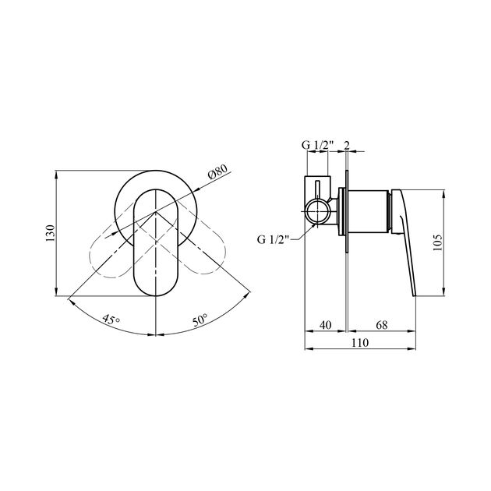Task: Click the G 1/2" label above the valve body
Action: pyautogui.click(x=317, y=145)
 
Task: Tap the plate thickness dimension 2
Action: pyautogui.click(x=345, y=145)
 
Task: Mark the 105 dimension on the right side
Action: pyautogui.click(x=437, y=242)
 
